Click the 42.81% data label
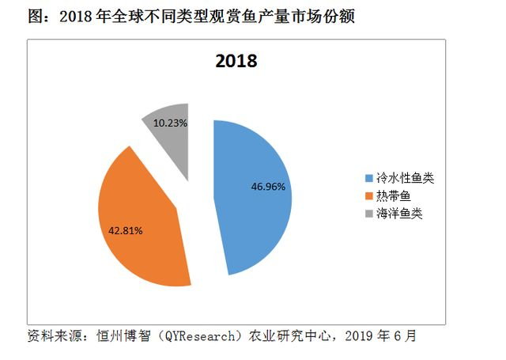pos(126,231)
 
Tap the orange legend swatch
pos(368,196)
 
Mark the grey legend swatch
pos(368,214)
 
